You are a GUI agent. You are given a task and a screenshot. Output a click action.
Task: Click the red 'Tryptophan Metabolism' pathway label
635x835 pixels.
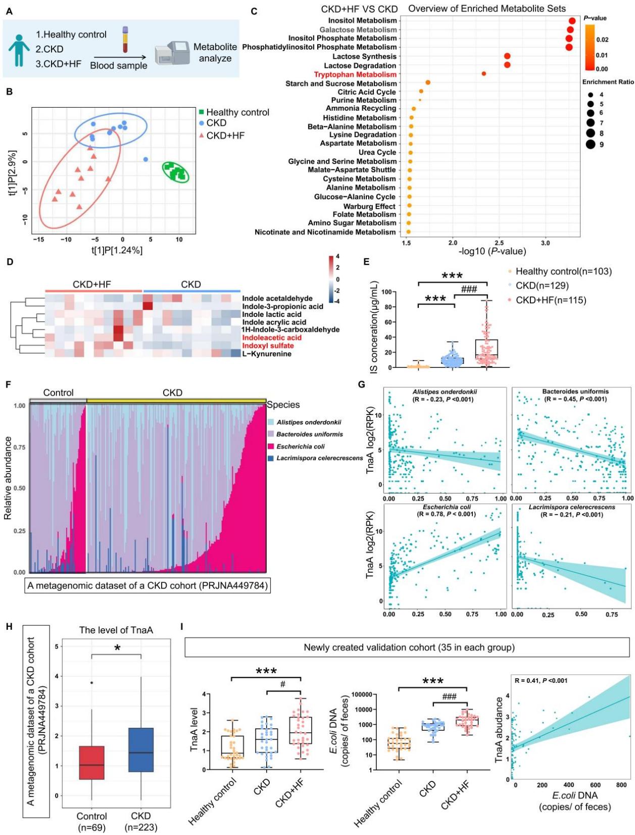(x=355, y=74)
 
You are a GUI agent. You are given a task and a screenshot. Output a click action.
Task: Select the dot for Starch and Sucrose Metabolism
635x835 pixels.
(x=428, y=82)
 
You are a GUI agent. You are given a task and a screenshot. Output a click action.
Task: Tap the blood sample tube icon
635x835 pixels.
(x=125, y=40)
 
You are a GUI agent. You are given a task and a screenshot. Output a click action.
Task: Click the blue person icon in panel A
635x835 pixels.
(x=19, y=50)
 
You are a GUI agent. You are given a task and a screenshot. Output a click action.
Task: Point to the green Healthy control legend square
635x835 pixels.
(x=201, y=112)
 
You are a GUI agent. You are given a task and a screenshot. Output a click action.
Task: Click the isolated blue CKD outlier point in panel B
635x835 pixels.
(x=145, y=159)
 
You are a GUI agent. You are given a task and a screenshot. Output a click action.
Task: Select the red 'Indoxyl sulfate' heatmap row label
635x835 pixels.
(x=268, y=346)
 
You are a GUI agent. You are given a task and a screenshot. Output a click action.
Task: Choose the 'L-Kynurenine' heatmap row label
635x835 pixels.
(x=266, y=354)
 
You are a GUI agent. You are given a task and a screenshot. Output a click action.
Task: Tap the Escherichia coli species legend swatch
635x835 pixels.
(x=271, y=446)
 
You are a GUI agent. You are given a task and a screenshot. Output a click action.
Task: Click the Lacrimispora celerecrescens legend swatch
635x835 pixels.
(x=271, y=458)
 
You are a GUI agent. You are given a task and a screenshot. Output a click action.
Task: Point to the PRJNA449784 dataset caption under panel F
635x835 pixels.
(x=147, y=586)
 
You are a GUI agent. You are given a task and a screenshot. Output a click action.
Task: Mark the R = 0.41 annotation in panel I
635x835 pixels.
(x=541, y=680)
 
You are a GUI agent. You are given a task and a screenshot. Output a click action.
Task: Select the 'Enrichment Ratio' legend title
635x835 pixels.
(x=608, y=82)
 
